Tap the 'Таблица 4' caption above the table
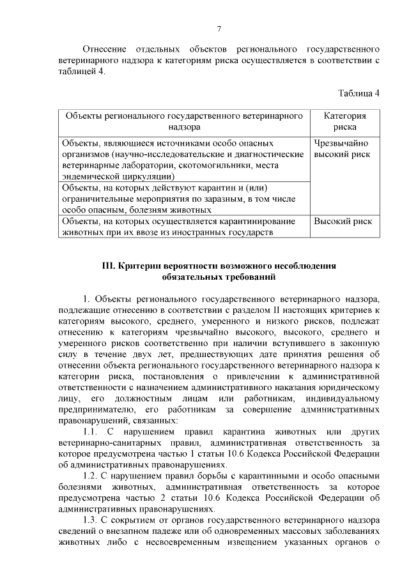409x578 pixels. [x=359, y=93]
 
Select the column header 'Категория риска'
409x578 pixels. [x=344, y=121]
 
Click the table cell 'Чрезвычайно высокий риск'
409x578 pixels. [x=342, y=148]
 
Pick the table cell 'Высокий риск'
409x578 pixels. [x=342, y=221]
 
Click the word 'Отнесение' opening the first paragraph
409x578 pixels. [x=103, y=49]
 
